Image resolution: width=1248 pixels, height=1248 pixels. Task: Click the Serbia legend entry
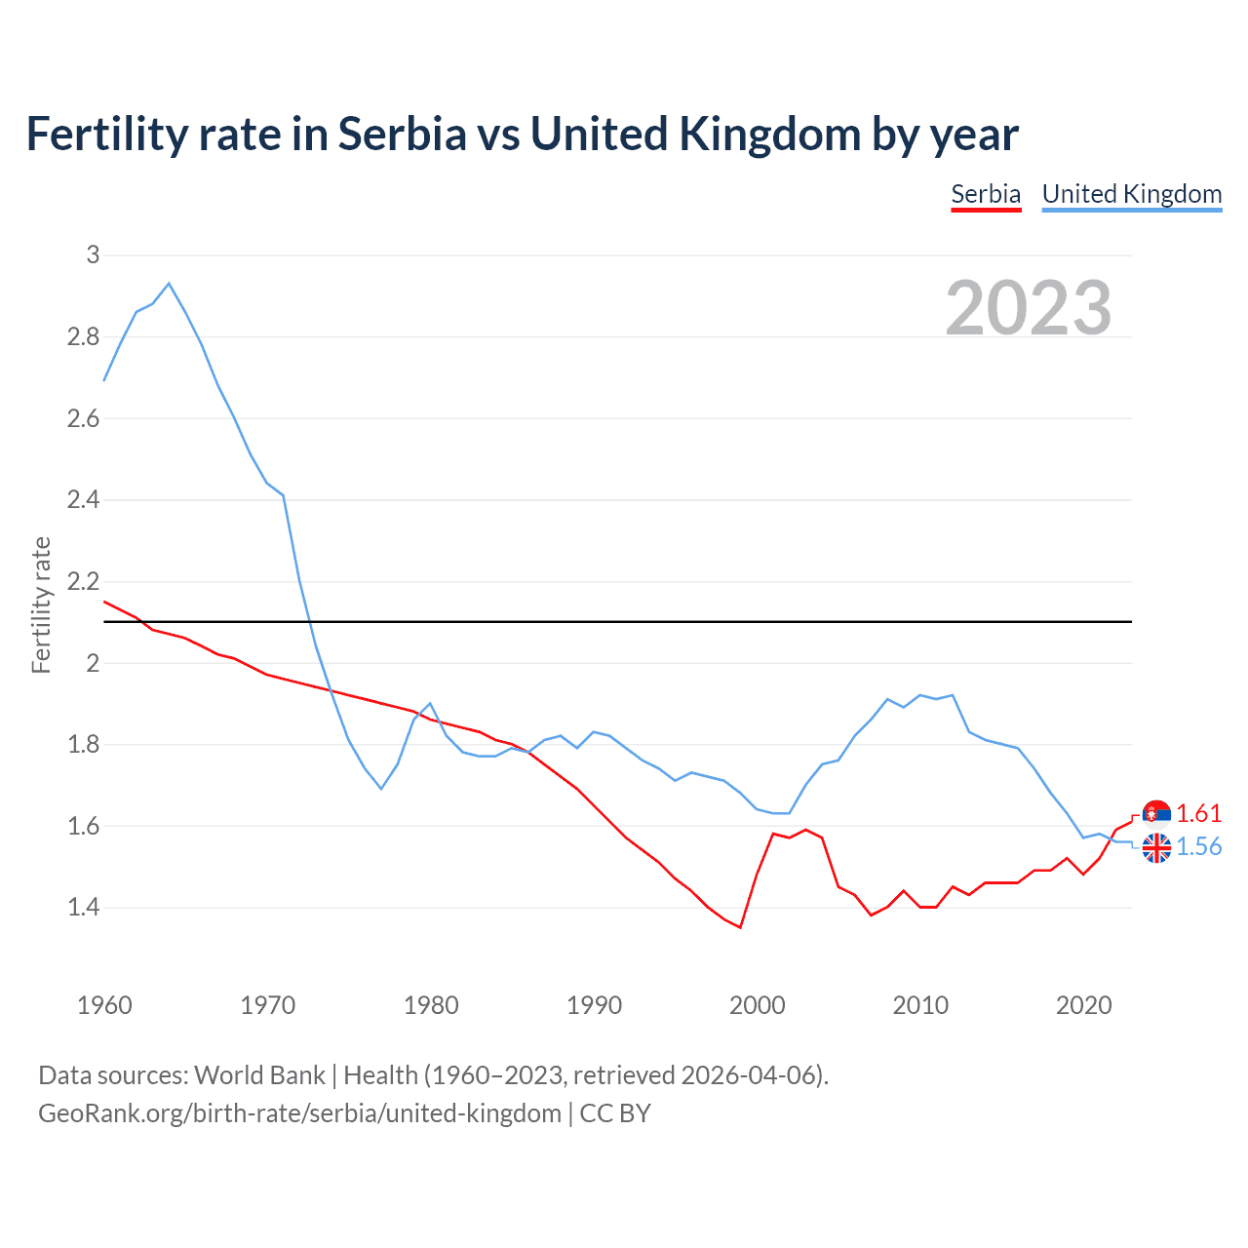(986, 194)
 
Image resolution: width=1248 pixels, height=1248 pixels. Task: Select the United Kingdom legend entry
(1131, 194)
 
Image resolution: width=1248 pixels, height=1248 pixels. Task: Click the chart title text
(522, 134)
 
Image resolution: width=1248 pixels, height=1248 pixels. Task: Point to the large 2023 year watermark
(1029, 308)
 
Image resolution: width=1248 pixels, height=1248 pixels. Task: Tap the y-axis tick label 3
(93, 255)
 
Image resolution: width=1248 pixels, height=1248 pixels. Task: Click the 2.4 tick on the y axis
(84, 500)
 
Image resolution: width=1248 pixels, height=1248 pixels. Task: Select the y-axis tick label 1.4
(84, 908)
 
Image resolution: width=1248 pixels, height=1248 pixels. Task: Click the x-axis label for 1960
(104, 1005)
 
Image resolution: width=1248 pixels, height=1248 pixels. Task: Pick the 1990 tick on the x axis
(594, 1005)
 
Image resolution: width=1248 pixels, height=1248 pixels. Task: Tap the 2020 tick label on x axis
(1083, 1005)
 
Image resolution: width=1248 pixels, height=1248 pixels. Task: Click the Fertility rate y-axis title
(41, 604)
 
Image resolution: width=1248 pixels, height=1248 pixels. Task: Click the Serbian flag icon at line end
(1156, 814)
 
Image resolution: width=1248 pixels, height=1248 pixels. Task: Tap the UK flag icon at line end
(1156, 848)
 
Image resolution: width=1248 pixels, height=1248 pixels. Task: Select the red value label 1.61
(1198, 814)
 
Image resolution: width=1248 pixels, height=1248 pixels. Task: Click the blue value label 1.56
(1198, 847)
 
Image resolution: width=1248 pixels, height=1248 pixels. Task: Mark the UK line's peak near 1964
(169, 284)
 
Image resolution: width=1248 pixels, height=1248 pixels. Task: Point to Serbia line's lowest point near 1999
(741, 927)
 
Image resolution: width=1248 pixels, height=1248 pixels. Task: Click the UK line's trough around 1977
(381, 789)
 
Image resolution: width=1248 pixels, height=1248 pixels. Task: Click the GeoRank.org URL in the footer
(299, 1112)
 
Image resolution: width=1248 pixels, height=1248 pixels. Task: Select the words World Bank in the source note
(259, 1075)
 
